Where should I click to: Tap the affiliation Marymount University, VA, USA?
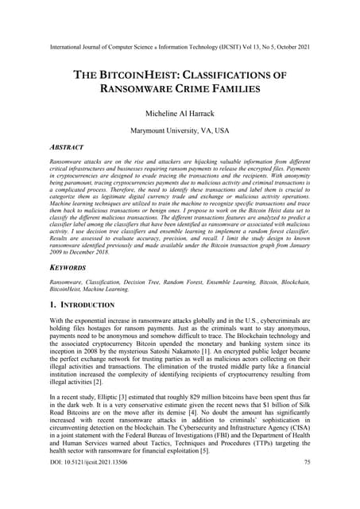tap(180, 129)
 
